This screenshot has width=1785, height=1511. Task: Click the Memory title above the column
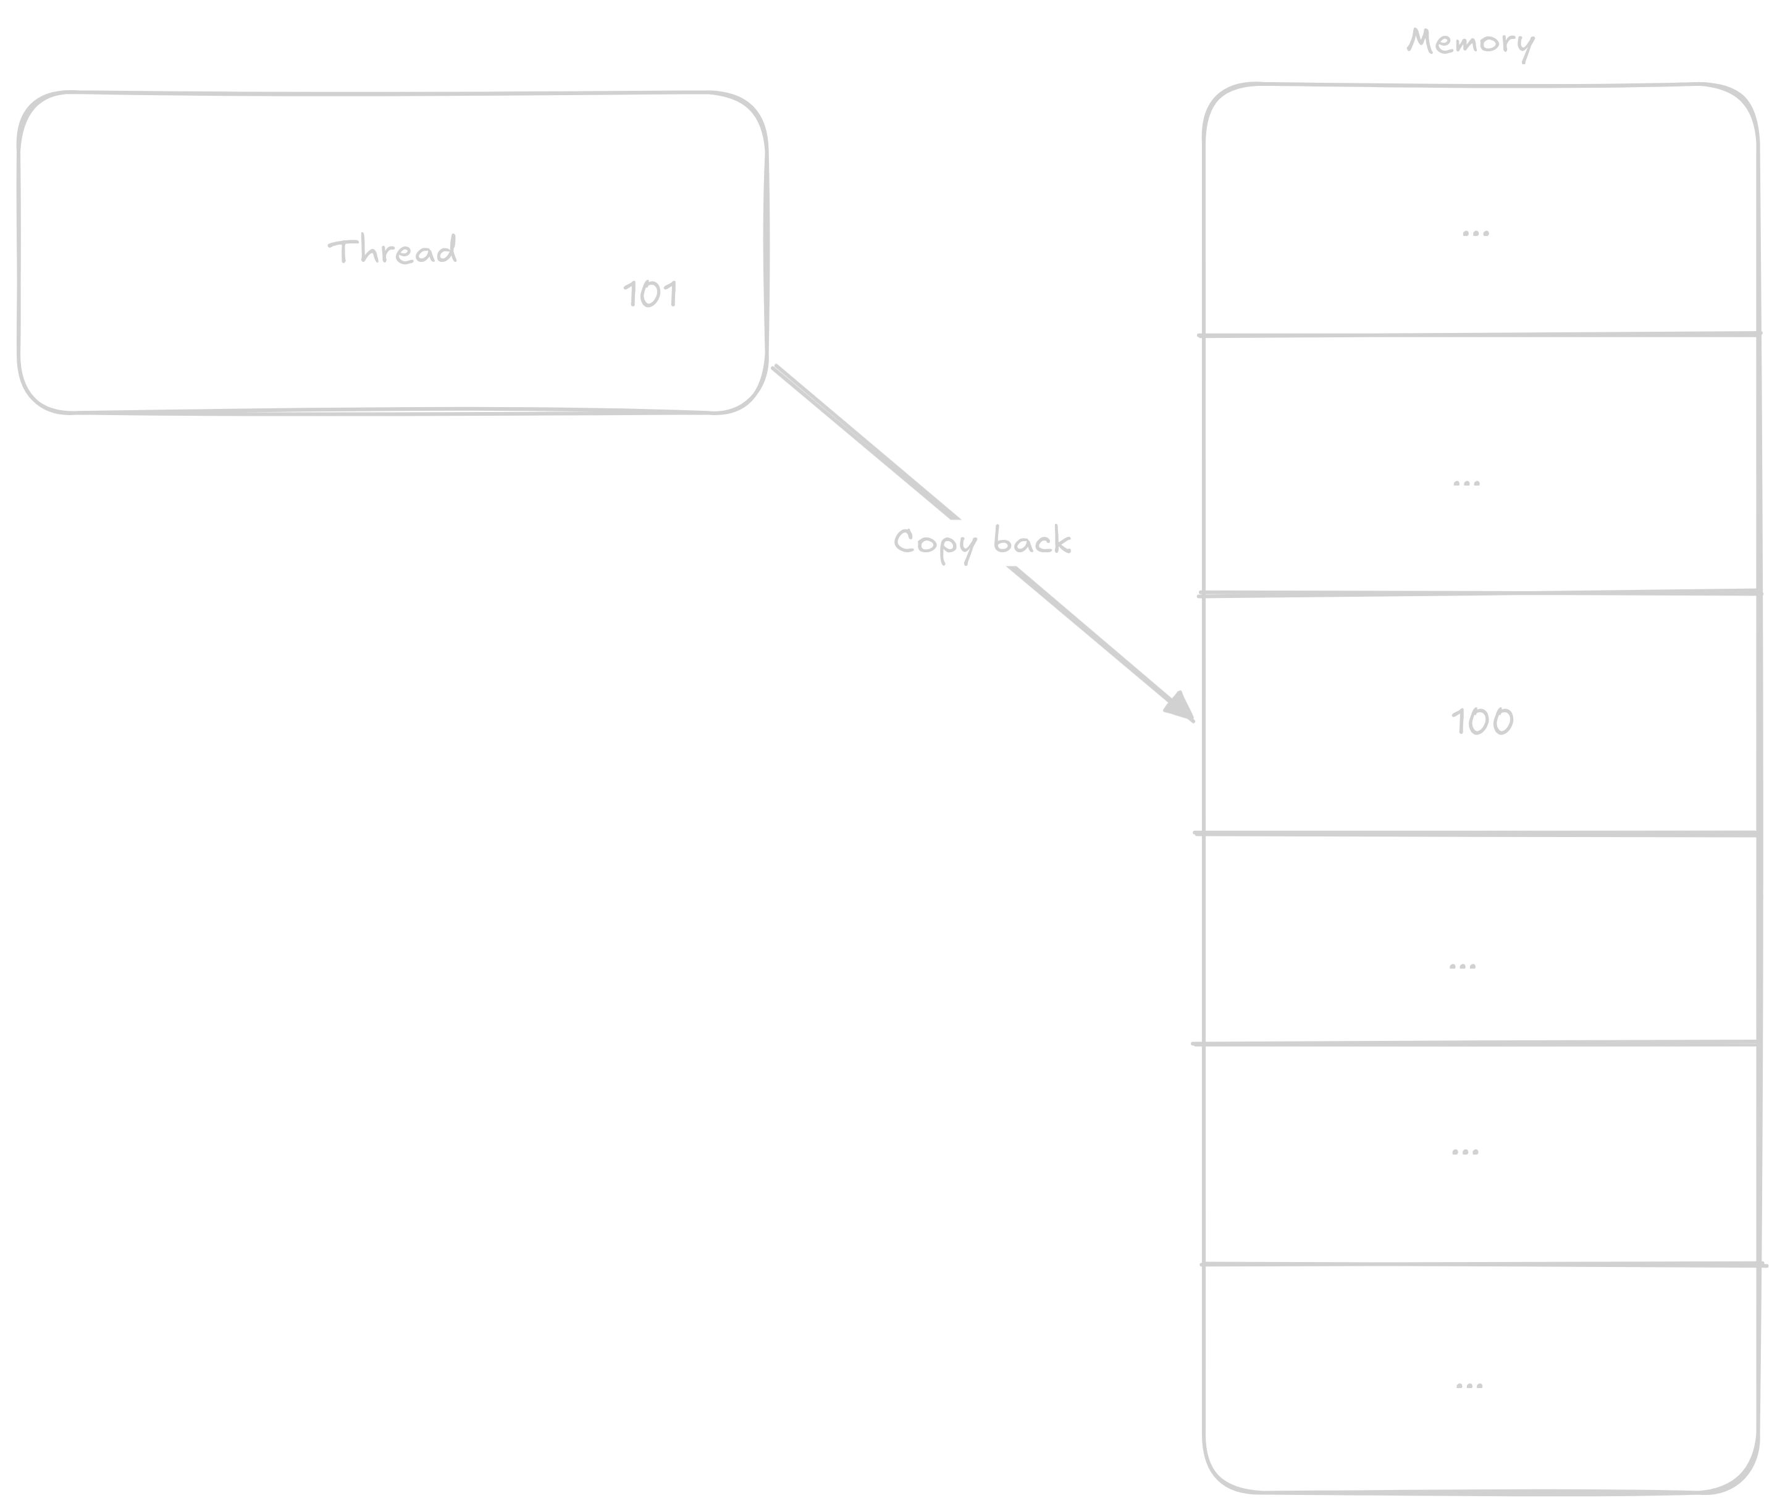(x=1470, y=41)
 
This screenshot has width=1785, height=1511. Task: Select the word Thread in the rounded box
(x=392, y=251)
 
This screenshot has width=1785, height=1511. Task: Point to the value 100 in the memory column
(x=1482, y=722)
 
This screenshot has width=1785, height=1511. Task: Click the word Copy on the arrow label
(x=934, y=543)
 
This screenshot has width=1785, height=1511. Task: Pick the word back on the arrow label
(x=1032, y=541)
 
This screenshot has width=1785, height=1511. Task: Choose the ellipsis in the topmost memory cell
(x=1475, y=233)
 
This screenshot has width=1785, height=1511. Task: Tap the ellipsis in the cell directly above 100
(x=1466, y=483)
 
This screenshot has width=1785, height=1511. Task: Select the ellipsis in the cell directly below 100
(x=1462, y=966)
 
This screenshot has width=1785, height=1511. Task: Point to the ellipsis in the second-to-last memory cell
(x=1464, y=1152)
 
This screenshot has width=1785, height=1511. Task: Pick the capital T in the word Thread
(x=341, y=250)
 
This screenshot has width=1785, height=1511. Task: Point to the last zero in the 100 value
(x=1501, y=722)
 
